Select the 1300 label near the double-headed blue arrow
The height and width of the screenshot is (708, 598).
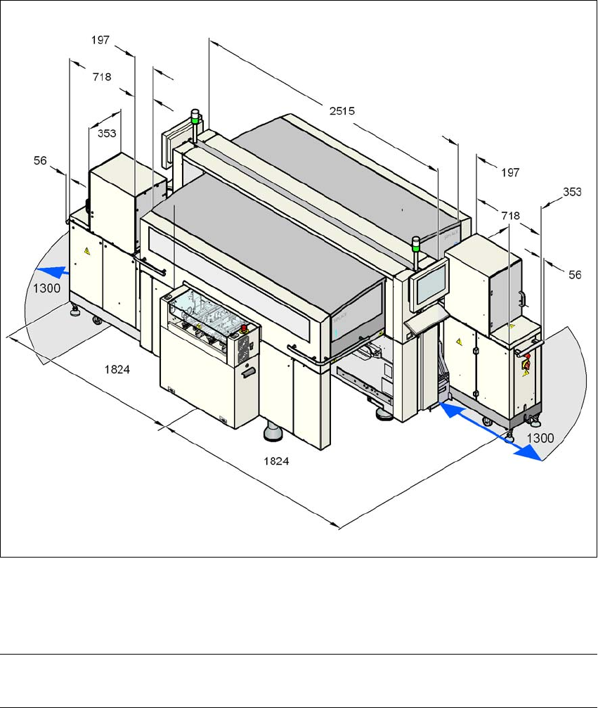540,437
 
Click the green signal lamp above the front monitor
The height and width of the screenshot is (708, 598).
415,243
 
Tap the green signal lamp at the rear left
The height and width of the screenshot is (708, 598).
196,115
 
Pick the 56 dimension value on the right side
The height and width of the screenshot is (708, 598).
574,276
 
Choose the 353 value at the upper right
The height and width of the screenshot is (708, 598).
573,191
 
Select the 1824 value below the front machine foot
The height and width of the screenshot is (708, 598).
277,461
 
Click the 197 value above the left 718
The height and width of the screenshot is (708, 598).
100,40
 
